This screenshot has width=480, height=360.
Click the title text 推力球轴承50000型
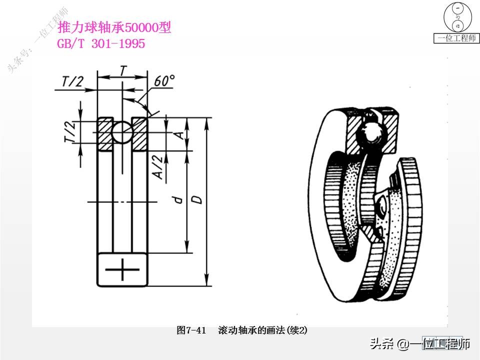[x=114, y=27]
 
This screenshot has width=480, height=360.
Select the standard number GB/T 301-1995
[x=101, y=44]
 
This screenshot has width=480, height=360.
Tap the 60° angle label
[x=164, y=81]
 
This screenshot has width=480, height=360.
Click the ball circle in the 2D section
[x=122, y=133]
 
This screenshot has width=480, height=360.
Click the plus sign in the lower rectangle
[x=122, y=270]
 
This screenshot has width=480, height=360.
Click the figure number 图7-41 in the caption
[x=191, y=330]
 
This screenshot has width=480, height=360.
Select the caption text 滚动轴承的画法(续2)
[x=262, y=330]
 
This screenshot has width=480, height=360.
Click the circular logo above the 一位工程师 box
[x=457, y=17]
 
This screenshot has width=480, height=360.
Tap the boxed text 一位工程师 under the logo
[x=456, y=38]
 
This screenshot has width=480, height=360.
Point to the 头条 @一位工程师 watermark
[x=420, y=344]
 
